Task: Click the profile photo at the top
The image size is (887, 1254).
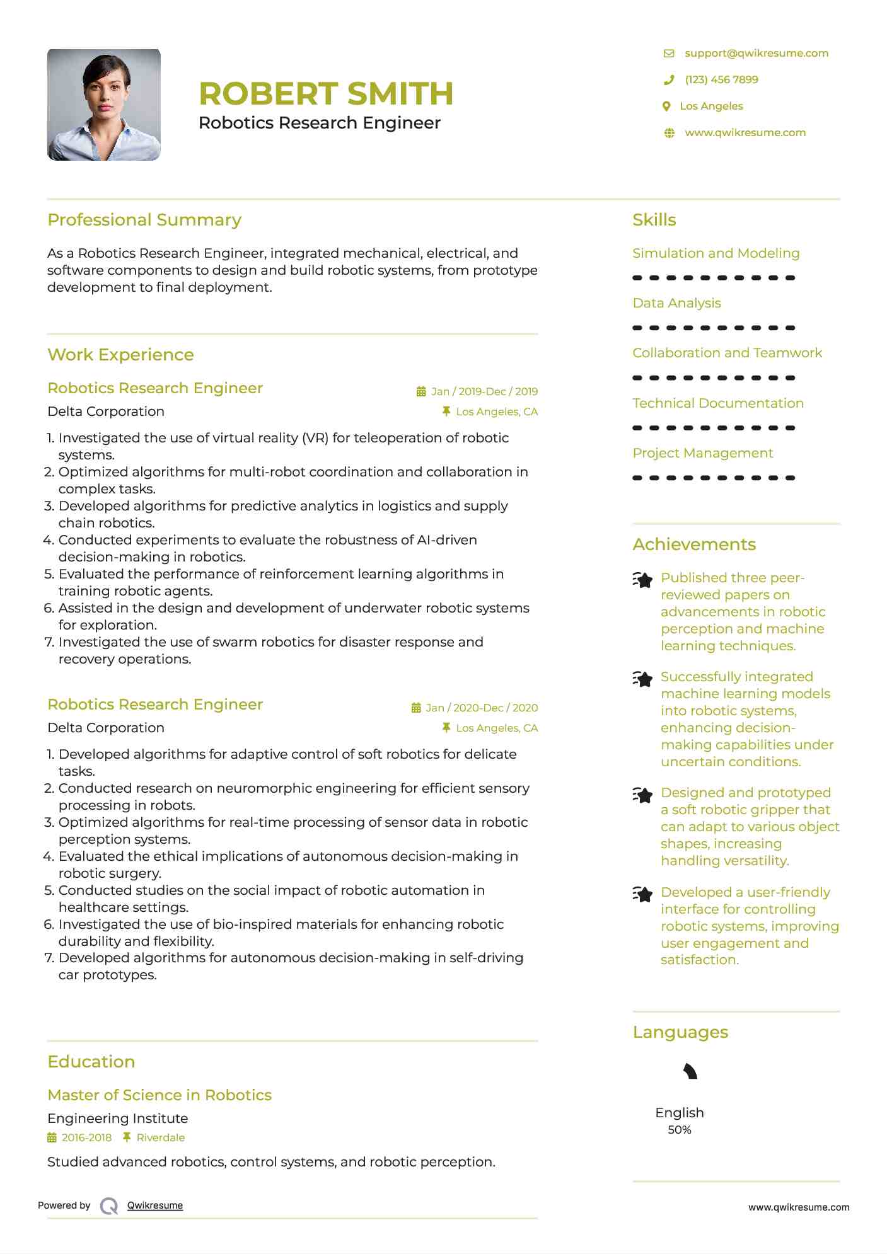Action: (x=104, y=105)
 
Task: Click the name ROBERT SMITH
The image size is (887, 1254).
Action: (x=326, y=93)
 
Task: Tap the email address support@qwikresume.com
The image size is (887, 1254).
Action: (x=756, y=54)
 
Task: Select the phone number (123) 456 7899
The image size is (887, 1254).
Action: (x=721, y=80)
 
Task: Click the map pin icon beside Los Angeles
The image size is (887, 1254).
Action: (x=666, y=106)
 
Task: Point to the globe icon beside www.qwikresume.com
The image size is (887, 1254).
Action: (x=670, y=133)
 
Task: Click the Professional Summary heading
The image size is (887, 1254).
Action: (x=144, y=220)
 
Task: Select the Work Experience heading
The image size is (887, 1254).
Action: (x=120, y=355)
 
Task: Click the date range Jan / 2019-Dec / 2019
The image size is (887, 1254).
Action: (x=484, y=391)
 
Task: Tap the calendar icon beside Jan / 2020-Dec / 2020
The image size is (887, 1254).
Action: (x=416, y=708)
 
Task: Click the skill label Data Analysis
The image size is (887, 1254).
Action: (x=676, y=303)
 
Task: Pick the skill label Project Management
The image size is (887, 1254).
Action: (x=702, y=453)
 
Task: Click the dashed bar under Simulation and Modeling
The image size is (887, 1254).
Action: (x=714, y=278)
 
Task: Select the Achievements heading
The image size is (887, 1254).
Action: (x=694, y=544)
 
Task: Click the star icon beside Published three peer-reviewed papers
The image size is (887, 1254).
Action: (x=642, y=579)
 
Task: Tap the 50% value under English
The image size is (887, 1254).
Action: (x=680, y=1130)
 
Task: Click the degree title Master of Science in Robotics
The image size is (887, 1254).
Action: (x=159, y=1095)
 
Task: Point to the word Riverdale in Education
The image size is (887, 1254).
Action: (x=161, y=1137)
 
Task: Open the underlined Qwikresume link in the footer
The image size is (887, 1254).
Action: (x=155, y=1205)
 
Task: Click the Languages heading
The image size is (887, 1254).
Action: (x=680, y=1032)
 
